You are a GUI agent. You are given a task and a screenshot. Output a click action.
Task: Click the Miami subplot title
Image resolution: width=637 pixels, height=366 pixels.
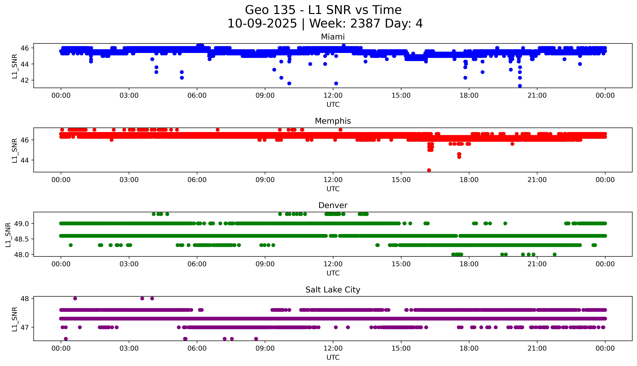333,37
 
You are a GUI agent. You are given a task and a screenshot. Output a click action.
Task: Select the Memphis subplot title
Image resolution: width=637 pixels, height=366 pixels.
333,121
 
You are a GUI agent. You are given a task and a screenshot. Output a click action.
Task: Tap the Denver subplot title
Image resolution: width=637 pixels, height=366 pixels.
333,205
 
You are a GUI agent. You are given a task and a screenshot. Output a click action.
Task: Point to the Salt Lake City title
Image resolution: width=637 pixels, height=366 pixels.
333,290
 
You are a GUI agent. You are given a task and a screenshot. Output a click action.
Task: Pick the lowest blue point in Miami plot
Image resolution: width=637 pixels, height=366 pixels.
520,86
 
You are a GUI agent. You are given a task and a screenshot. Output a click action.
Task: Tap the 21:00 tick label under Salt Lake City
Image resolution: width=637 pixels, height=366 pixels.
537,348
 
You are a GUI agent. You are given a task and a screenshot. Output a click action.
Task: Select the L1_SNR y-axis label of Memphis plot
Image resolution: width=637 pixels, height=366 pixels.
15,150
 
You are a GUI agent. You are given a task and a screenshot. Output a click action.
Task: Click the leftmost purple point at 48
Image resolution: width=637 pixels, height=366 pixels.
75,298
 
